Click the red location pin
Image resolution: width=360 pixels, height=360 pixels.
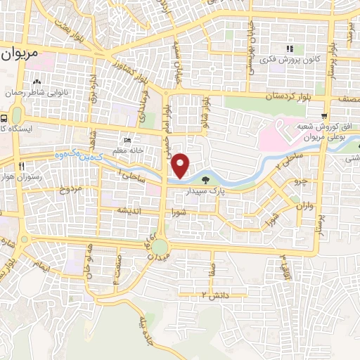[181, 165]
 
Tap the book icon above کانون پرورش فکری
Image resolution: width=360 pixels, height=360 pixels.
[290, 49]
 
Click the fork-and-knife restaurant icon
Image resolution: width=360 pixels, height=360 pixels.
[22, 166]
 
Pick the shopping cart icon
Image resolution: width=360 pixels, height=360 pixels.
[323, 115]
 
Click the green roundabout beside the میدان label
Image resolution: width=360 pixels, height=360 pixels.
[160, 247]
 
